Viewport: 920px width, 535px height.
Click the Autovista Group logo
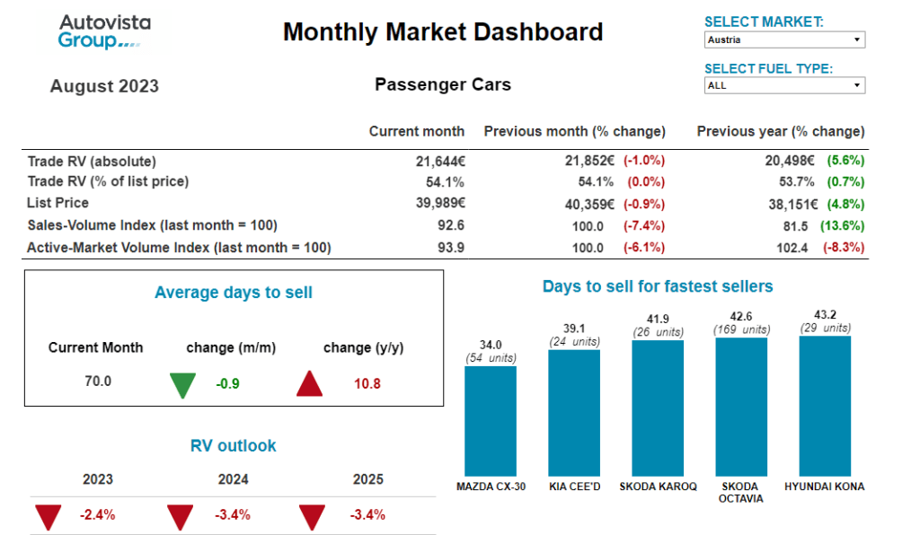click(x=104, y=32)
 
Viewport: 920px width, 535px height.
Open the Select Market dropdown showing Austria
click(x=784, y=39)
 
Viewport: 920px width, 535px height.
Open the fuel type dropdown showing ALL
click(x=784, y=86)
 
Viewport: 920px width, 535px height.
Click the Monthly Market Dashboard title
click(x=443, y=33)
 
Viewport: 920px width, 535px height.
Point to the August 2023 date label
click(x=104, y=86)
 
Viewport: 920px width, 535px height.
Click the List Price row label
click(x=57, y=203)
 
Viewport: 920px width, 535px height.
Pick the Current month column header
click(x=416, y=131)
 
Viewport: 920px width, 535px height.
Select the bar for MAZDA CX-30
click(x=490, y=420)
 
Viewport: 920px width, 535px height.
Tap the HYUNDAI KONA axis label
click(x=824, y=487)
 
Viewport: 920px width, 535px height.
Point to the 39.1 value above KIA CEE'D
click(x=573, y=329)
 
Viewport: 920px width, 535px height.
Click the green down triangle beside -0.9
click(x=182, y=384)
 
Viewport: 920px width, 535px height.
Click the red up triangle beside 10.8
click(x=310, y=384)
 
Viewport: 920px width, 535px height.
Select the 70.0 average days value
click(x=98, y=382)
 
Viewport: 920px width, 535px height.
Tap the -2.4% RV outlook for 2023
click(x=97, y=515)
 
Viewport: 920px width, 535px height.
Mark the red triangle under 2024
click(x=180, y=517)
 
